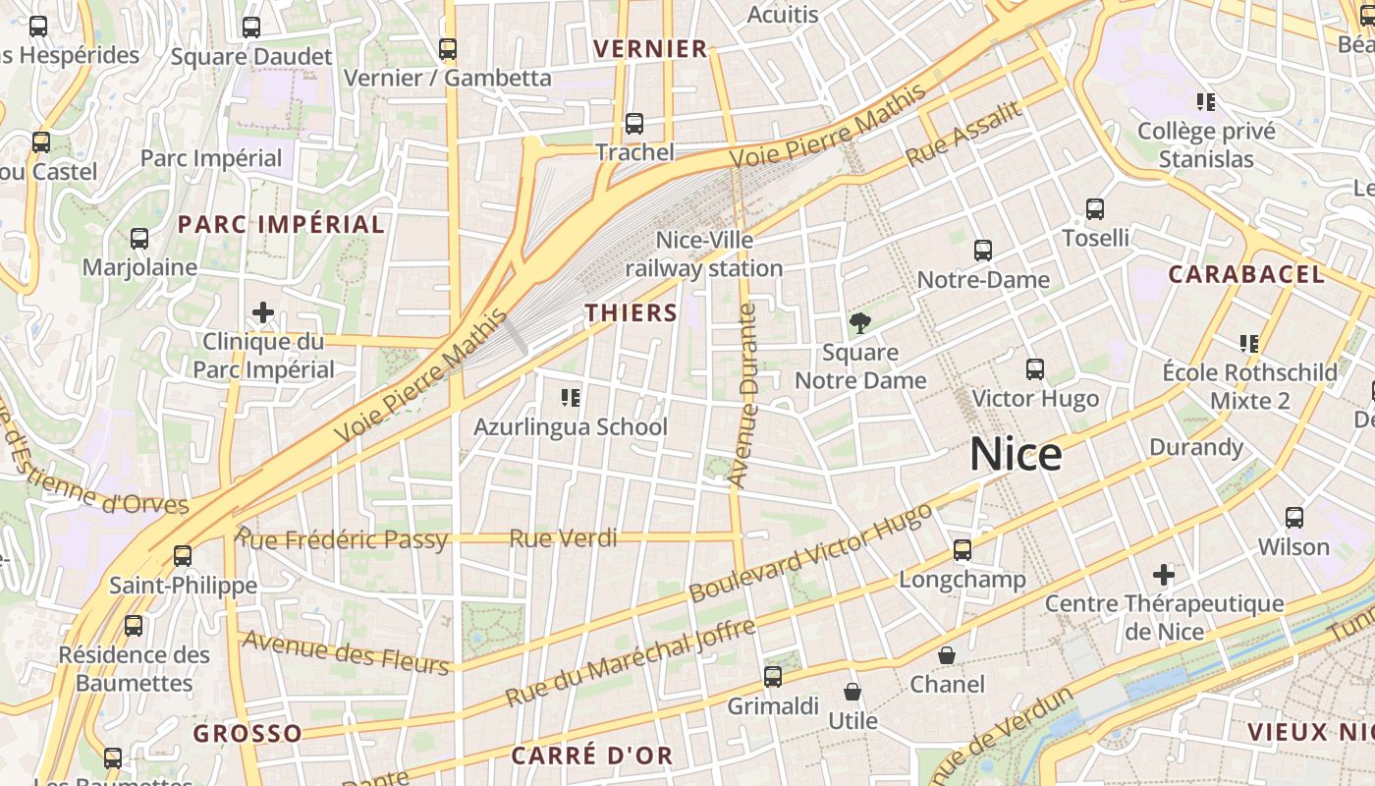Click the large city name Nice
point(1016,455)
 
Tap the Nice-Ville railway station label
point(704,253)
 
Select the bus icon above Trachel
point(634,124)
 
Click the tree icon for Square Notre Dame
point(860,323)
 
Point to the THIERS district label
point(632,313)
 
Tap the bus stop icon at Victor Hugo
point(1035,369)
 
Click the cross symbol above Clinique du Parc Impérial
point(263,313)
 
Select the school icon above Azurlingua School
point(571,398)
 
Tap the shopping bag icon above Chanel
point(947,655)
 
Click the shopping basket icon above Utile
point(852,692)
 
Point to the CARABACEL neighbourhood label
point(1246,275)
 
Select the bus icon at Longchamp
point(962,550)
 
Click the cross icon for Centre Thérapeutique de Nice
point(1164,574)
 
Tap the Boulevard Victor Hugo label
point(810,553)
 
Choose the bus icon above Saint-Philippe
point(183,556)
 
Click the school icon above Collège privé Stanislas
point(1206,102)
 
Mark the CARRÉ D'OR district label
point(592,756)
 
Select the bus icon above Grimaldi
point(773,676)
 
